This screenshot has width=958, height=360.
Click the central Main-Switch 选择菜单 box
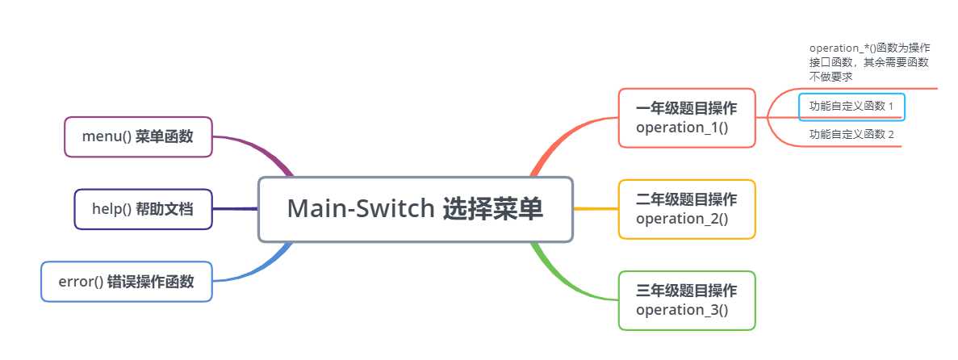pos(416,210)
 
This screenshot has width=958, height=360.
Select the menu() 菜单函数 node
pos(138,137)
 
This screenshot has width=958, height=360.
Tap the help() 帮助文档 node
pos(143,209)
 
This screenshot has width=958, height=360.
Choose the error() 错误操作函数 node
pos(127,282)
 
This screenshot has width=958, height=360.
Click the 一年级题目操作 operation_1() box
pos(687,118)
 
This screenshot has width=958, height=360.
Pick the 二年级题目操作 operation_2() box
pos(687,209)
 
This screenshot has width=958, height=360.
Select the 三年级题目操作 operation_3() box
pos(687,300)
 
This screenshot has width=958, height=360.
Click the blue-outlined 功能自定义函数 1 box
pos(851,107)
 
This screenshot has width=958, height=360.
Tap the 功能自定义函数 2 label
pos(851,135)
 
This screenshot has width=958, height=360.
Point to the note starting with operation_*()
pos(869,62)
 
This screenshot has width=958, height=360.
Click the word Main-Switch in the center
pos(361,209)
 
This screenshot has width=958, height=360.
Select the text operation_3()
pos(682,310)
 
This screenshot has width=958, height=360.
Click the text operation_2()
pos(682,218)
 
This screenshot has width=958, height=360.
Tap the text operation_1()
pos(682,128)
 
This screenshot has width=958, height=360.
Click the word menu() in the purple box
pos(107,137)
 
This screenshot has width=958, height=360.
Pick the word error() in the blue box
pos(81,282)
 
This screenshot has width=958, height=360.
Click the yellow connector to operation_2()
pos(596,209)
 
